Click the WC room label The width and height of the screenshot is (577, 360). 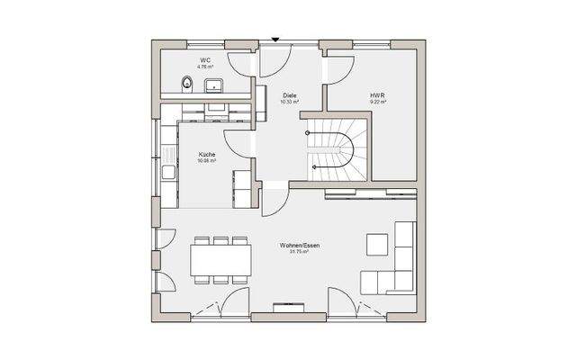pyautogui.click(x=206, y=58)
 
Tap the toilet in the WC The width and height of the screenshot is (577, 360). pyautogui.click(x=185, y=85)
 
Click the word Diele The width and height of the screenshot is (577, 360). pyautogui.click(x=290, y=95)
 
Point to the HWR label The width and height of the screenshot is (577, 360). pyautogui.click(x=377, y=95)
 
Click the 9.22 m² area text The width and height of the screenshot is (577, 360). pyautogui.click(x=377, y=103)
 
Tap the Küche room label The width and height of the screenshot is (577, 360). pyautogui.click(x=207, y=155)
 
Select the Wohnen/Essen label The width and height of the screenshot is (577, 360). pyautogui.click(x=299, y=246)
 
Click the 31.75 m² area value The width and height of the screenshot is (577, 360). pyautogui.click(x=299, y=253)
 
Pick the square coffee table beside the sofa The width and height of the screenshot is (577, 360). pyautogui.click(x=375, y=246)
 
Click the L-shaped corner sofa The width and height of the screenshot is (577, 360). pyautogui.click(x=396, y=270)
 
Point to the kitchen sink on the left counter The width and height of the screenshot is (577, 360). pyautogui.click(x=168, y=171)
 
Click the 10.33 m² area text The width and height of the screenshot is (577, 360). pyautogui.click(x=290, y=103)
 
